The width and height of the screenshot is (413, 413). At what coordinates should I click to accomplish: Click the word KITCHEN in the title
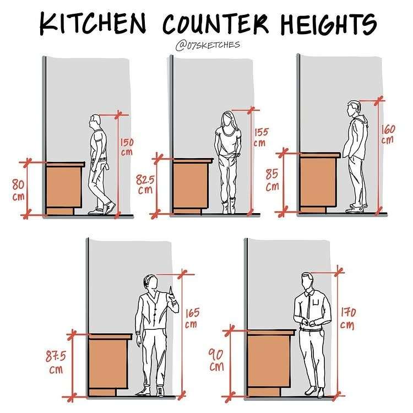point(93,23)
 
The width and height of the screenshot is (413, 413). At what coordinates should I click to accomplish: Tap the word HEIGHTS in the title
point(329,24)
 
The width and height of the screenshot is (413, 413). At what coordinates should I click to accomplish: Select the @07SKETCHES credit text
point(208,45)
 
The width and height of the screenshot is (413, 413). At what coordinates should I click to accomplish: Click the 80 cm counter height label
point(18,189)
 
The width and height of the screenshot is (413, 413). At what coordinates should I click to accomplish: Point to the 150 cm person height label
point(127,146)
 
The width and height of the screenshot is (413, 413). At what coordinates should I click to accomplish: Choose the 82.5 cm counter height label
point(145,184)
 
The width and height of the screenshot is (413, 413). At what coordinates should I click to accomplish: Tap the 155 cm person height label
point(261,137)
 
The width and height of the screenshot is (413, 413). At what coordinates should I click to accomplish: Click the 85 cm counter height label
point(272,180)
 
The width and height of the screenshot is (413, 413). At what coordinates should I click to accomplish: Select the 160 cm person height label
point(388,134)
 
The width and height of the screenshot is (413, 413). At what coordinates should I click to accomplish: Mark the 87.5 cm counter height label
point(56,362)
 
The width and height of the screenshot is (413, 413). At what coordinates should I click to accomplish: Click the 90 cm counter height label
point(216,360)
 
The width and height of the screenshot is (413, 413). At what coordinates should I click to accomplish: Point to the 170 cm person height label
point(347,318)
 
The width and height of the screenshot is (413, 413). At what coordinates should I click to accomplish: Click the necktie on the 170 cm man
point(308,305)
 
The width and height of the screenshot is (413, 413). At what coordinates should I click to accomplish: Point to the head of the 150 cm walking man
point(95,122)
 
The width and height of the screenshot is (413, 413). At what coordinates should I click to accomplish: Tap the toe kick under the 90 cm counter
point(263,392)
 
